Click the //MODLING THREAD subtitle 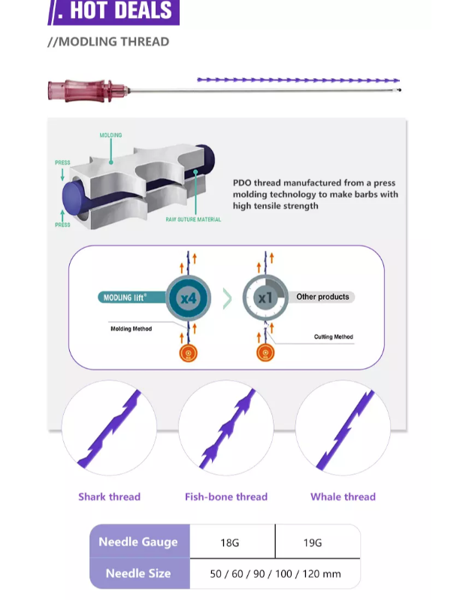[108, 41]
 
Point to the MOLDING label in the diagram [110, 136]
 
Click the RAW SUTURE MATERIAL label [193, 219]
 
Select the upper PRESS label [62, 162]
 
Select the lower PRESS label [62, 224]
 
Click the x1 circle [265, 297]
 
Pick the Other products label [322, 297]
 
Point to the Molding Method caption [132, 329]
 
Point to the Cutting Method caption [333, 337]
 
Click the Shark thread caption [109, 497]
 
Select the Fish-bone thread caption [226, 497]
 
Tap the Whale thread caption [343, 497]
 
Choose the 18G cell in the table [232, 542]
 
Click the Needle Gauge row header [138, 542]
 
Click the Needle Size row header [138, 573]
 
